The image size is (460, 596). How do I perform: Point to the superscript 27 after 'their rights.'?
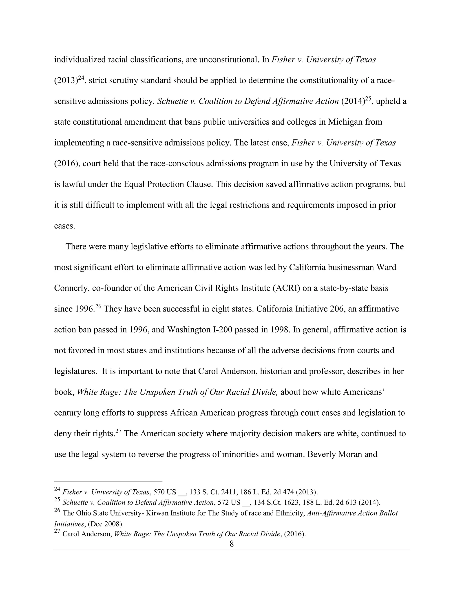click(x=118, y=431)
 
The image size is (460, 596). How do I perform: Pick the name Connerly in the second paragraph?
click(x=71, y=288)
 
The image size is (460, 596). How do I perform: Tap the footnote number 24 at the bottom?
click(x=57, y=489)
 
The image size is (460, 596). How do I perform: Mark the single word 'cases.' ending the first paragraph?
click(x=65, y=226)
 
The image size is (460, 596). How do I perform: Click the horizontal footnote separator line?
click(x=108, y=482)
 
